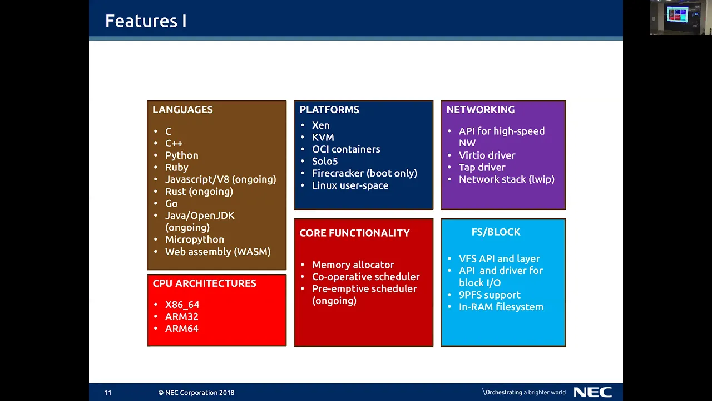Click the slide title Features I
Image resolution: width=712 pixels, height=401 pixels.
click(x=146, y=21)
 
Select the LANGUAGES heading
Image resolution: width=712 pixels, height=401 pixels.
click(x=182, y=110)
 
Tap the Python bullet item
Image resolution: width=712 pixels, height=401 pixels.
click(x=181, y=155)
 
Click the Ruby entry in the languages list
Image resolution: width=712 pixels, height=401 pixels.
click(x=177, y=168)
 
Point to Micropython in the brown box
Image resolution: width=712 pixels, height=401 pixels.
click(x=195, y=239)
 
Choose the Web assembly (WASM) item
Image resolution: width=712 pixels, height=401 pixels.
click(x=217, y=251)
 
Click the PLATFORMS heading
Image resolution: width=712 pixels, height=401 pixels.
click(x=329, y=110)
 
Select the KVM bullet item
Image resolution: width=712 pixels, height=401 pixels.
click(x=323, y=137)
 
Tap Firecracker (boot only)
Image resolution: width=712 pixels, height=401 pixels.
click(x=364, y=173)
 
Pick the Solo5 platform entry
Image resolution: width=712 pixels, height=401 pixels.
click(x=324, y=161)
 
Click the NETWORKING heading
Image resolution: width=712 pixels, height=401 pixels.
click(x=480, y=110)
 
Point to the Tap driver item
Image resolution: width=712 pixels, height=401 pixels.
click(x=482, y=168)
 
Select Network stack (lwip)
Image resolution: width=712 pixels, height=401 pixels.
click(x=506, y=179)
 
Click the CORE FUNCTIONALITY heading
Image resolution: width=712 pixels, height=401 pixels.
click(x=354, y=233)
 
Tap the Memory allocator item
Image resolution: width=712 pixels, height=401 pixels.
click(x=353, y=265)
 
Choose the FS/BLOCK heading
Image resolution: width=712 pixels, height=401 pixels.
click(x=496, y=232)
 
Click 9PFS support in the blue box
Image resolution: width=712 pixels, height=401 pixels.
click(x=489, y=295)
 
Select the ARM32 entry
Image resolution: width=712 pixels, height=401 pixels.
click(x=181, y=317)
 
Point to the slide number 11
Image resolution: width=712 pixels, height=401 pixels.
click(x=108, y=393)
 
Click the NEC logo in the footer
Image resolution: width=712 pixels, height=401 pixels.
click(x=593, y=392)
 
